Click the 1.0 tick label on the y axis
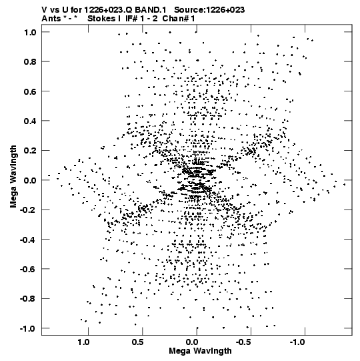pos(30,32)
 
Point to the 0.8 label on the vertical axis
pos(30,61)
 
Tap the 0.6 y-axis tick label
pos(30,91)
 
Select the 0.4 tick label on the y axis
pos(30,121)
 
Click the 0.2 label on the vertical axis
pos(30,151)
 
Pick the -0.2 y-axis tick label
pos(28,210)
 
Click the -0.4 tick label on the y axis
pos(28,240)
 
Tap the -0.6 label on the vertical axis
pos(28,269)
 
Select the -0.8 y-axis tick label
pos(28,298)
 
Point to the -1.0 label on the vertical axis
pos(28,328)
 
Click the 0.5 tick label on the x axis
pos(138,342)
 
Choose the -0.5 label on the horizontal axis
pos(244,342)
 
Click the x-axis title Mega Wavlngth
pos(200,352)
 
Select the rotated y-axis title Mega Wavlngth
pos(13,177)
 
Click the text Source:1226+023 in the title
pos(209,10)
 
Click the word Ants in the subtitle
pos(51,19)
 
